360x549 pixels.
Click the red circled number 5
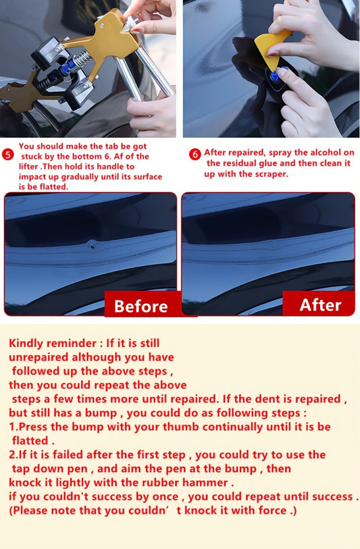click(7, 155)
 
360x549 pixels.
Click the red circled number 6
click(195, 154)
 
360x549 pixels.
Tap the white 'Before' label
click(140, 307)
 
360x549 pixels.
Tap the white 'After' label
click(320, 305)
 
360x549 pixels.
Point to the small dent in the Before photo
click(93, 246)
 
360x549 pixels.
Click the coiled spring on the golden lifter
click(83, 58)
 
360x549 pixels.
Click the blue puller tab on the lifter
click(68, 68)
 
